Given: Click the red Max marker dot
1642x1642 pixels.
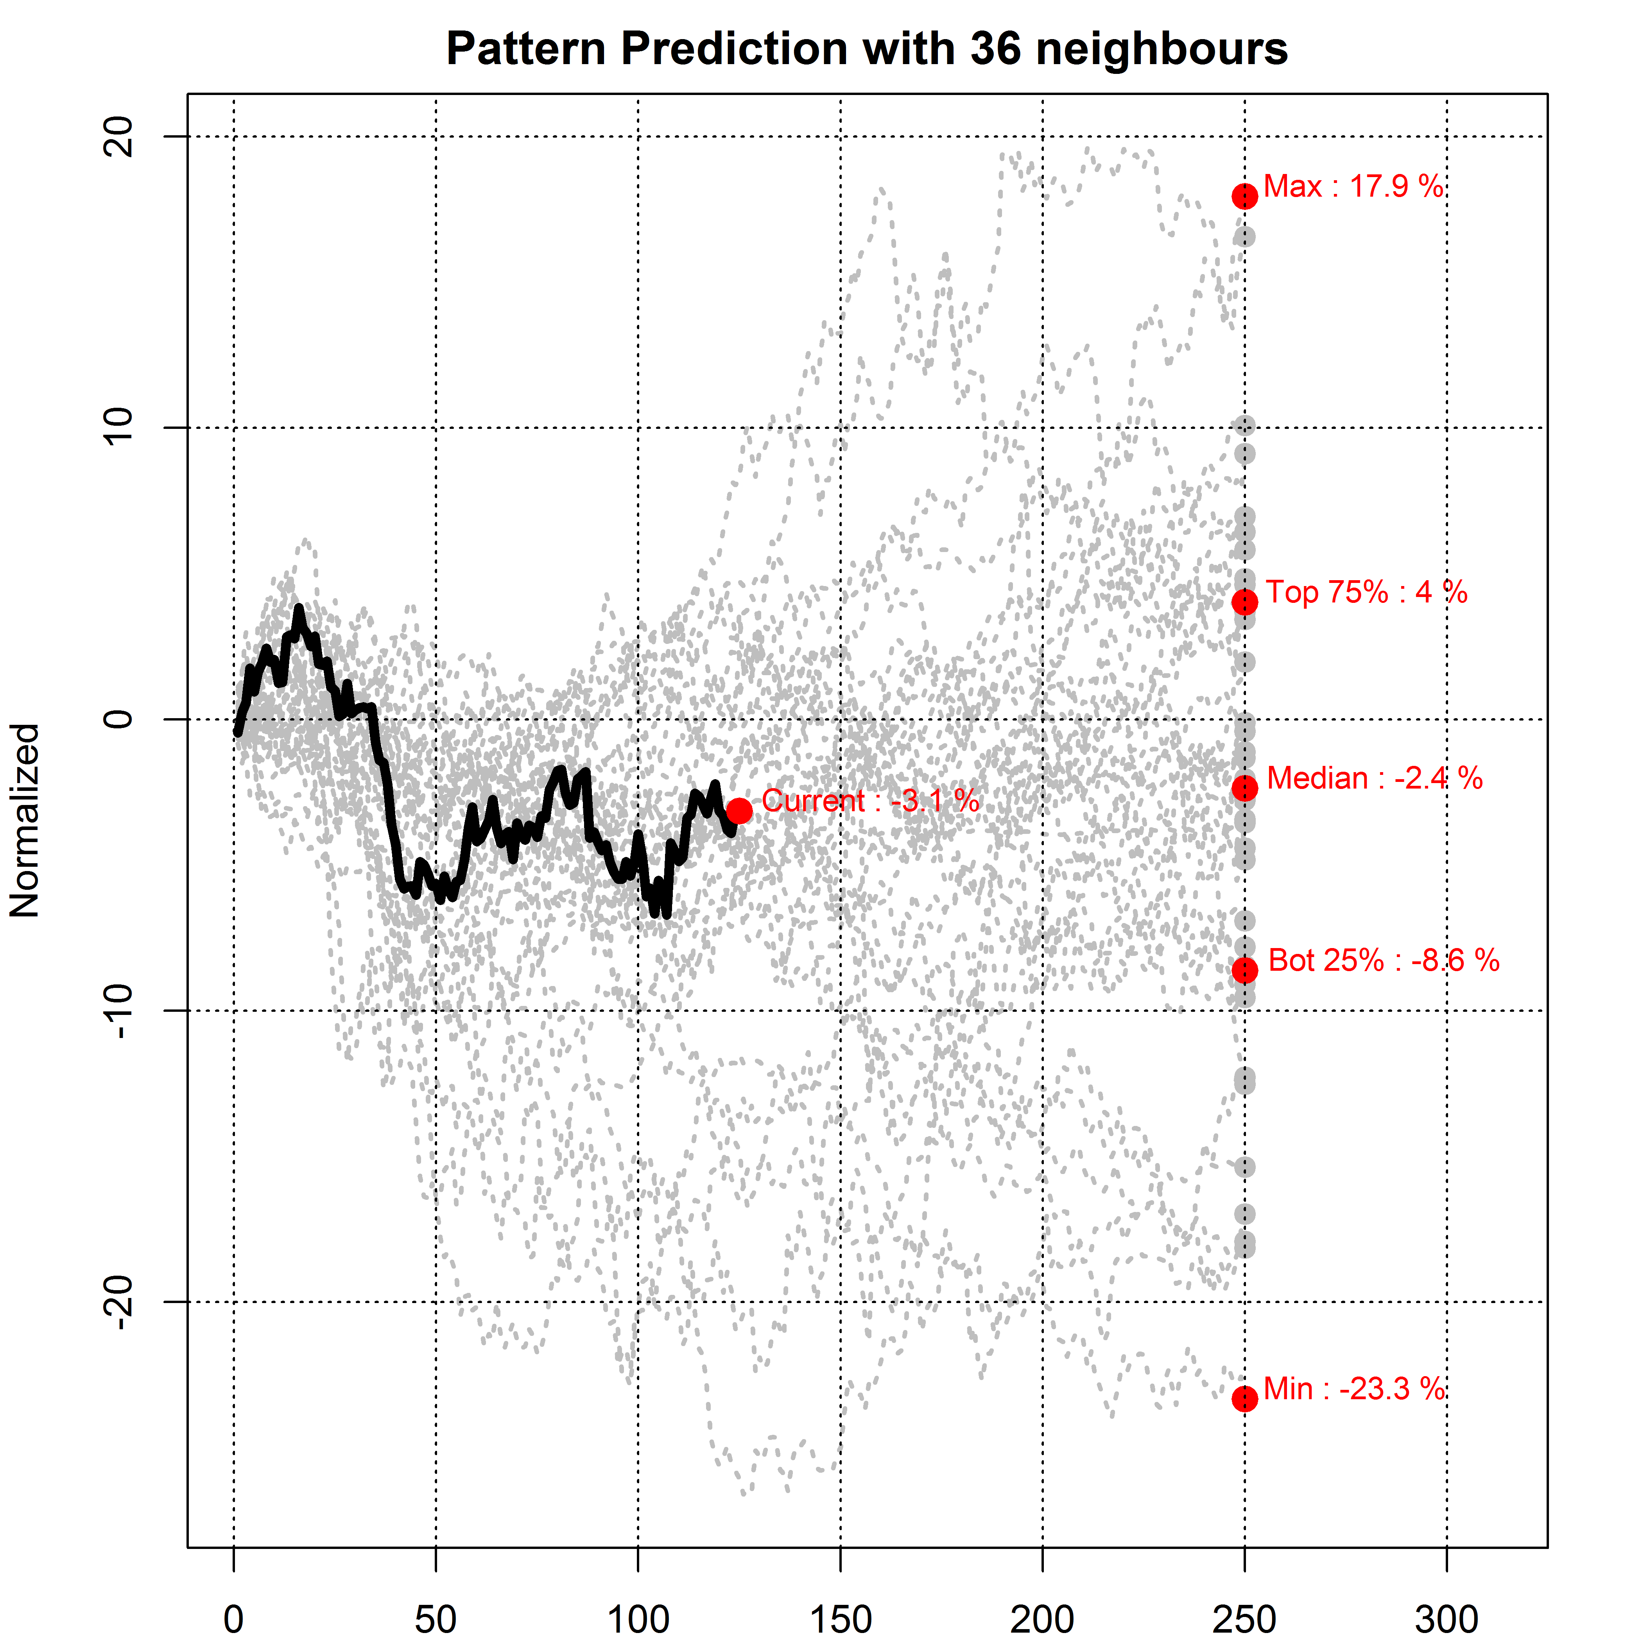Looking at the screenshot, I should point(1244,196).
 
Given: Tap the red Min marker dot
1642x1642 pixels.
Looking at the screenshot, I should point(1244,1398).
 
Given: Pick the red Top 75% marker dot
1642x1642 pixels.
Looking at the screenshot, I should point(1244,602).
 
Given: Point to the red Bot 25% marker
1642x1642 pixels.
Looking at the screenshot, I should point(1244,970).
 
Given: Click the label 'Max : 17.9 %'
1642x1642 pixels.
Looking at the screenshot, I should point(1353,186).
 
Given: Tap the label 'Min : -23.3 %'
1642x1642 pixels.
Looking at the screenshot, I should point(1353,1389).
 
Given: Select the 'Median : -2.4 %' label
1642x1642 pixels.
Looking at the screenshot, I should point(1374,778).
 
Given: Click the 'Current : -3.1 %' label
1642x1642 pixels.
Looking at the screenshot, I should point(870,801).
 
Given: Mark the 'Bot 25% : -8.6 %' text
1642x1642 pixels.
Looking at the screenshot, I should point(1384,961).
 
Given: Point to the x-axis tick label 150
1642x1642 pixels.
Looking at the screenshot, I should point(841,1618).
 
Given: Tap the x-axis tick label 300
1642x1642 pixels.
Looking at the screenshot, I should point(1447,1618).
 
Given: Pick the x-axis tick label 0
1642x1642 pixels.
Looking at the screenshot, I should point(234,1618).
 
